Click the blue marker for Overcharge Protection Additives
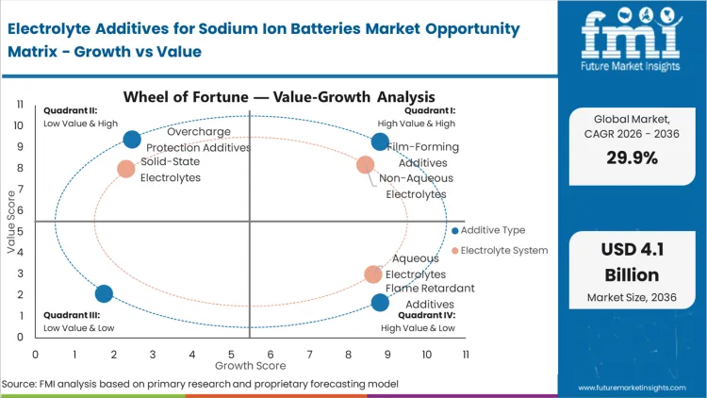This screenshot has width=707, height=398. pos(132,141)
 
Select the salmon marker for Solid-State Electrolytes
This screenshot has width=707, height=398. pos(126,169)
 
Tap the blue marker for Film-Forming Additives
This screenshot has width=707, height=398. pos(380,141)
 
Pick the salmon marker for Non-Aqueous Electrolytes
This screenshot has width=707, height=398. pos(366,165)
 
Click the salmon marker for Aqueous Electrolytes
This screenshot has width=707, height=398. pos(374,274)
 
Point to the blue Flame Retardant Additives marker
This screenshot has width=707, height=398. pos(380,303)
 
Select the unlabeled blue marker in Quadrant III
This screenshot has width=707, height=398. pos(104,294)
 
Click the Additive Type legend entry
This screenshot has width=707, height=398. pos(487,230)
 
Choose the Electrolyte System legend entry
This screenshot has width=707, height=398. pos(499,250)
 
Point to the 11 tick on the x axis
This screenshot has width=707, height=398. pos(466,354)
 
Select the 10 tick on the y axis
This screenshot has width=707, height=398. pos(19,124)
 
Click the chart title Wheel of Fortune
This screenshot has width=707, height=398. pos(279,96)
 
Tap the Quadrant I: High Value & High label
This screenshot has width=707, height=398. pos(417,117)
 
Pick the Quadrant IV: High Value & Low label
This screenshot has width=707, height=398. pos(419,323)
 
